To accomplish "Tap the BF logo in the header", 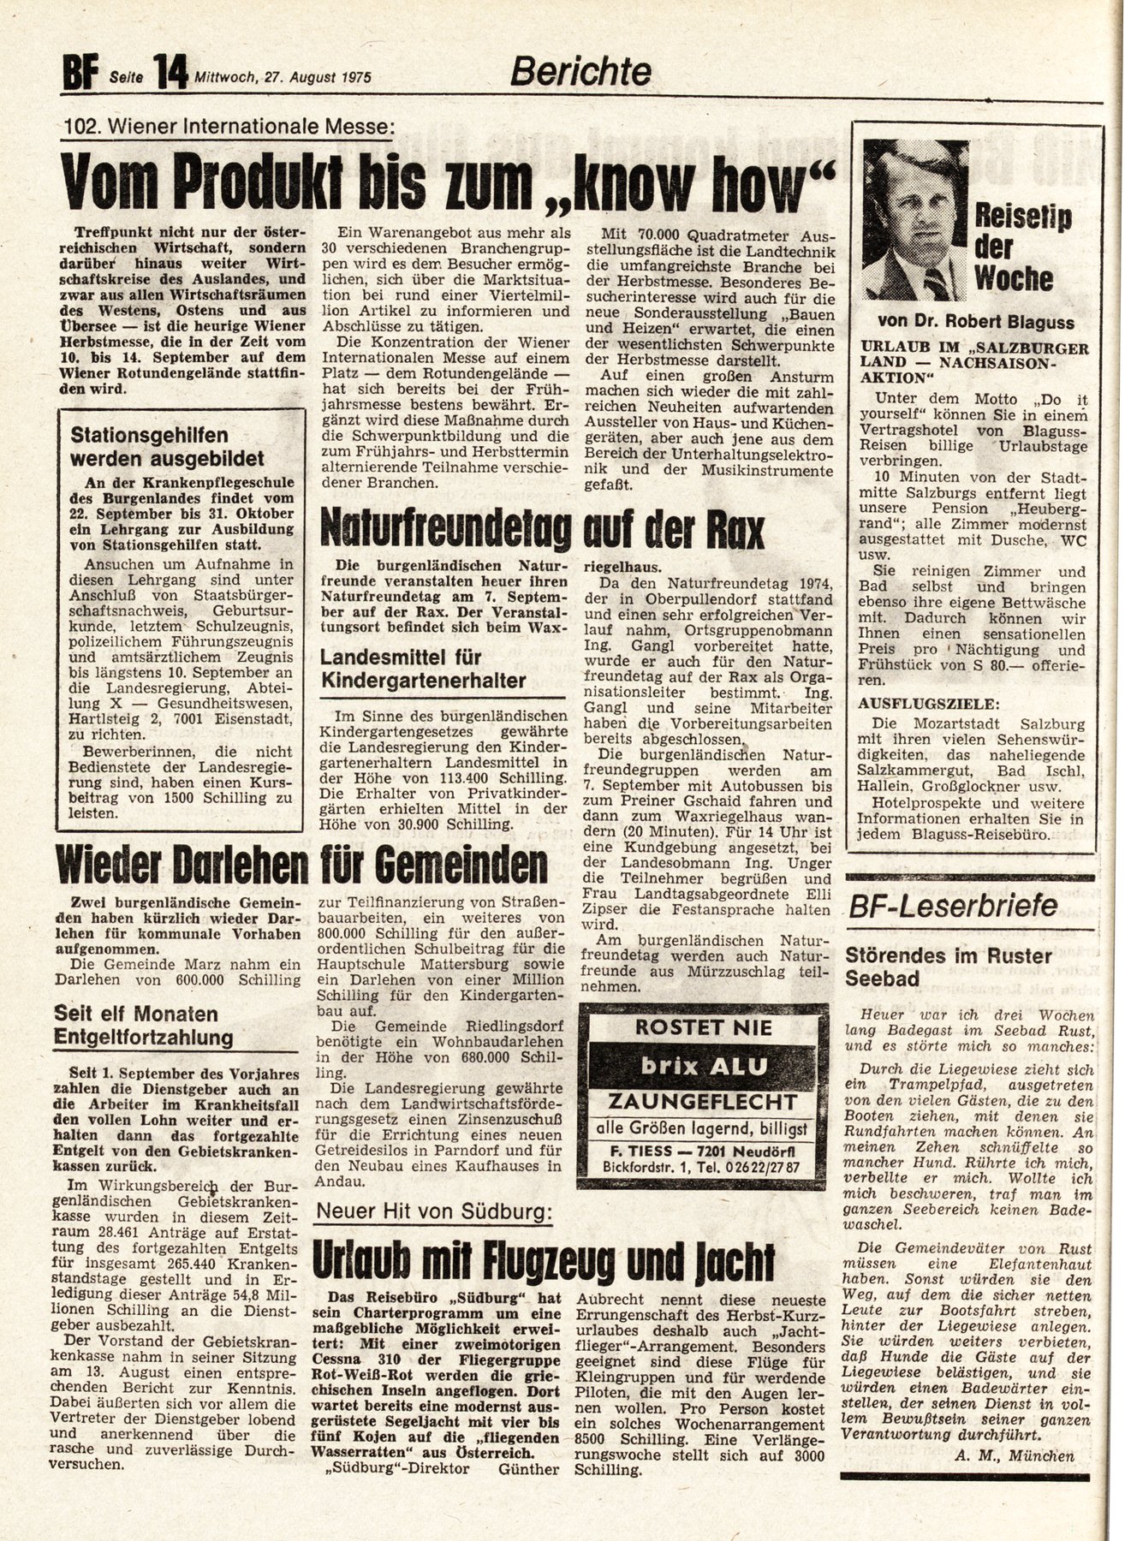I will coord(80,74).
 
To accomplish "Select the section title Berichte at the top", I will coord(580,72).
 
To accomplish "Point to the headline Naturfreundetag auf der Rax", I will coord(541,532).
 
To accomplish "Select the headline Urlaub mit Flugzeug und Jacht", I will coord(543,1261).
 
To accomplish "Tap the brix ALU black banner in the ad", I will coord(705,1067).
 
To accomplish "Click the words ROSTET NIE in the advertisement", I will coord(704,1027).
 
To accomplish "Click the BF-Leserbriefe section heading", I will coord(953,907).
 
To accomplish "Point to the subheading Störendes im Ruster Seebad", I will coord(948,967).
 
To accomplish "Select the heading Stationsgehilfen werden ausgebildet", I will coord(167,447).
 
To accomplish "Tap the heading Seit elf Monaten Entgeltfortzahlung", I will coord(143,1026).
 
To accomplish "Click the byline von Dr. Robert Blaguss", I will coord(975,323).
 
